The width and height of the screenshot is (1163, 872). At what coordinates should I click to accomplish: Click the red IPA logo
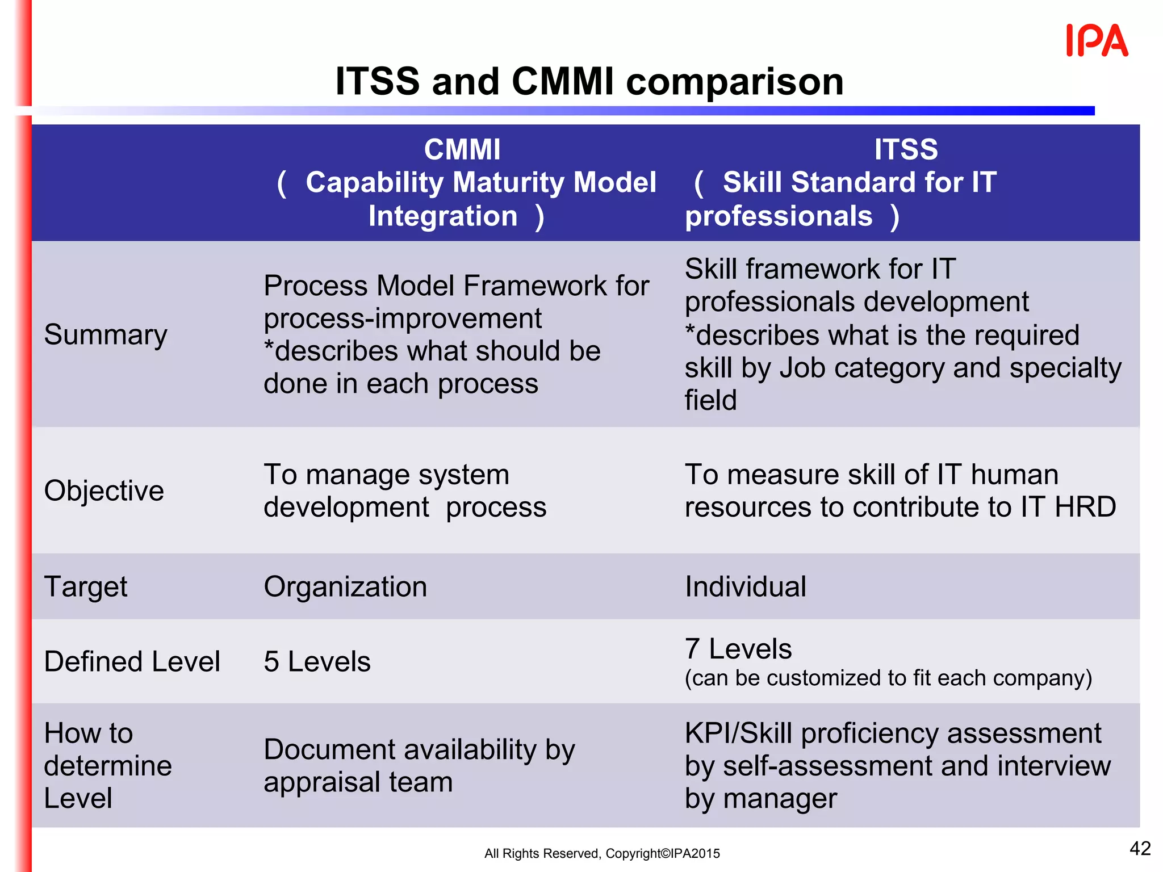click(1097, 41)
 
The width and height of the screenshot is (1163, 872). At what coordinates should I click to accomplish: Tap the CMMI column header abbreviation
click(462, 150)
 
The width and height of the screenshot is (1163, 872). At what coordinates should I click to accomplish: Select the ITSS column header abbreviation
click(906, 150)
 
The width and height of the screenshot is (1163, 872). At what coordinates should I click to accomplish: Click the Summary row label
click(106, 335)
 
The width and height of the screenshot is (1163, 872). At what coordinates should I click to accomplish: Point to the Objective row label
click(104, 491)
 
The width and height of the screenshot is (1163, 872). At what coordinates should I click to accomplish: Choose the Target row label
click(86, 587)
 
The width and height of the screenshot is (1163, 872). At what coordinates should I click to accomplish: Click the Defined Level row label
click(132, 662)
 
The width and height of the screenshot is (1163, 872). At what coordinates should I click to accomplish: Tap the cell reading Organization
click(345, 587)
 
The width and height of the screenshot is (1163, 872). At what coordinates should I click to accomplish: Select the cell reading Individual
click(745, 587)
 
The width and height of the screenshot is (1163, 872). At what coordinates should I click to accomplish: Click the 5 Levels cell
click(317, 662)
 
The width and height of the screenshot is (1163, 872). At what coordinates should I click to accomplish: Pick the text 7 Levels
click(738, 649)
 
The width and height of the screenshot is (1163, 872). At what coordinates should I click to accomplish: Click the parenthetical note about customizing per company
click(888, 678)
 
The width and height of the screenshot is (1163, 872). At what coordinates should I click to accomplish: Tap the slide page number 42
click(1140, 848)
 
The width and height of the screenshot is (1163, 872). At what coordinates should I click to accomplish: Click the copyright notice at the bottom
click(602, 853)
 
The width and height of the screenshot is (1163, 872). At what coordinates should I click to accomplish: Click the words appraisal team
click(358, 782)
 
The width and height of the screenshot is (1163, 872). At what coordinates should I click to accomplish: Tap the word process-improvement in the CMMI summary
click(403, 318)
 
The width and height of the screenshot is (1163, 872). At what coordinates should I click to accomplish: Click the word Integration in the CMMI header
click(443, 216)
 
